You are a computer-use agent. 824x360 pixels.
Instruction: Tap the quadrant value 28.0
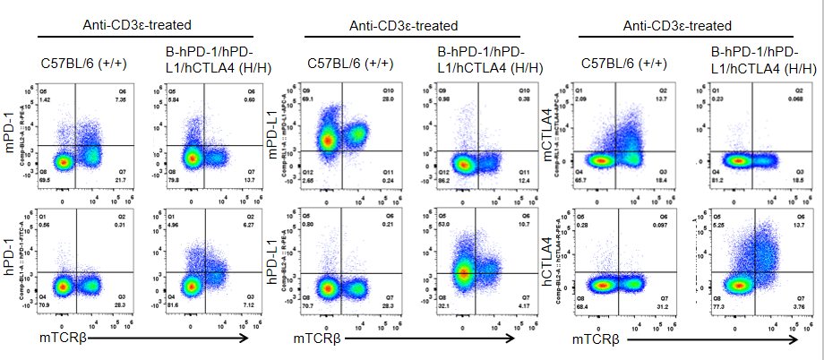tap(388, 99)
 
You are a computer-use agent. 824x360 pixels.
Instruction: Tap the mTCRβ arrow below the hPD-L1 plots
tap(430, 339)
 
